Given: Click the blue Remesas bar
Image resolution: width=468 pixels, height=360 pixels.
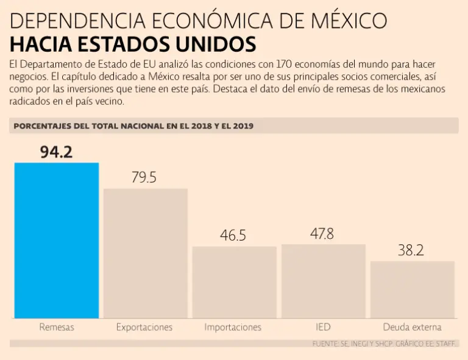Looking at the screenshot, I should (57, 240).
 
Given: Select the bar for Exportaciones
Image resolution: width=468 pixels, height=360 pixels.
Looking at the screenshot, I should (145, 253).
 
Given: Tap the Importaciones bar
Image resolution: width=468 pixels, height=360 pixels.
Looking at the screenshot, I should (234, 282).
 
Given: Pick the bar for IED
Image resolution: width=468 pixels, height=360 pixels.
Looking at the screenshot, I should (323, 281).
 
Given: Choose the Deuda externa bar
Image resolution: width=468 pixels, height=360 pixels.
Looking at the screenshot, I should (412, 289).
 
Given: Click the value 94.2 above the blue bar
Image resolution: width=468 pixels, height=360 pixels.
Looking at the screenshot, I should (56, 152).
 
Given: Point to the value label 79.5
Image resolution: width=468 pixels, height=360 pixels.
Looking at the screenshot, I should (144, 177).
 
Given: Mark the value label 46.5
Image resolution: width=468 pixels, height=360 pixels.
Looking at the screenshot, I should (233, 236).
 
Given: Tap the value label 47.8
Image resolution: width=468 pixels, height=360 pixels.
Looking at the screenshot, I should (322, 233).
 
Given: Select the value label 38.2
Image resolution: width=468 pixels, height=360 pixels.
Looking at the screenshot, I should (411, 250).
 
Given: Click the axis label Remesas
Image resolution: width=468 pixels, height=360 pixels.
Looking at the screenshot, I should (57, 327).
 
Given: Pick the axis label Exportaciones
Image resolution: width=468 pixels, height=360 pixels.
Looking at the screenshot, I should (144, 327).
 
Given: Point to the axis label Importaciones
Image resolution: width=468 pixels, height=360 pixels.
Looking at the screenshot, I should (233, 327).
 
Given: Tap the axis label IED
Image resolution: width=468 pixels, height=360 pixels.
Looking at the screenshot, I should (323, 327).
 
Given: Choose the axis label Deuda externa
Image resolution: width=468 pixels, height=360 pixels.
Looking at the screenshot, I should (412, 327).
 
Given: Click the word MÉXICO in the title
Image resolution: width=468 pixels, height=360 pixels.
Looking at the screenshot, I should (346, 21).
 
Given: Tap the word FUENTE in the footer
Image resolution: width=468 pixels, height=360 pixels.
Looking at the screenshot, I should (327, 345).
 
